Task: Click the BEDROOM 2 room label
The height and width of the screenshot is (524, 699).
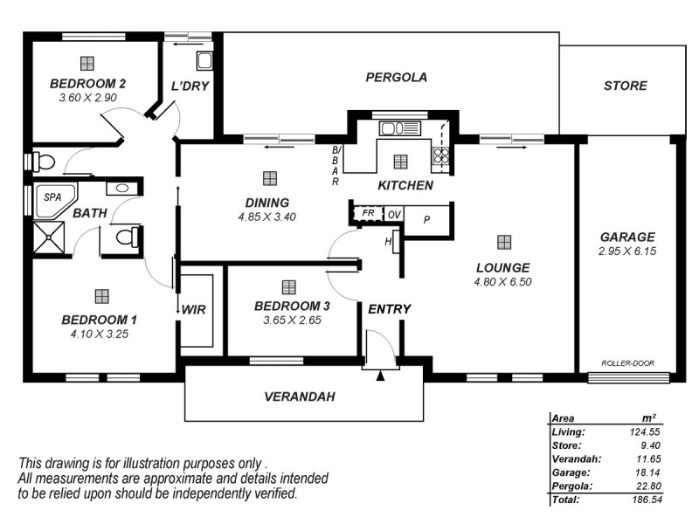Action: coord(87,84)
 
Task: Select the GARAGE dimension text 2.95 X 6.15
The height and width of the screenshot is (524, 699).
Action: coord(626,251)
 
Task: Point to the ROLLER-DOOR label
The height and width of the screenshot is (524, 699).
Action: coord(626,363)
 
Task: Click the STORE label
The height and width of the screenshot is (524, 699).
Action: coord(626,86)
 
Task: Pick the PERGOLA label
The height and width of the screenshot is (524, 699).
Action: coord(396,77)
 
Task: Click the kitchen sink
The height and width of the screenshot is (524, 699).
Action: coord(399,128)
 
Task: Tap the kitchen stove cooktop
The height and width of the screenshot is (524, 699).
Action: coord(441,156)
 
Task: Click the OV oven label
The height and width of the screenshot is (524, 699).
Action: coord(393,213)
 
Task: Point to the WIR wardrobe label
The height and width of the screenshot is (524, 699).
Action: coord(193,309)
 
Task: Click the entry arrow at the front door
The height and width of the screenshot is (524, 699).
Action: coord(380,376)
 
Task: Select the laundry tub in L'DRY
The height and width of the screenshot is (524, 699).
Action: coord(204,60)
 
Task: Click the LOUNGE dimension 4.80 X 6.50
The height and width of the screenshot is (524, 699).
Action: coord(502,282)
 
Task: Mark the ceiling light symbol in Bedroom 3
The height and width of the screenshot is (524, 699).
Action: coord(289,286)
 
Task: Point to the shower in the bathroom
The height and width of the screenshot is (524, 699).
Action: coord(49,235)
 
